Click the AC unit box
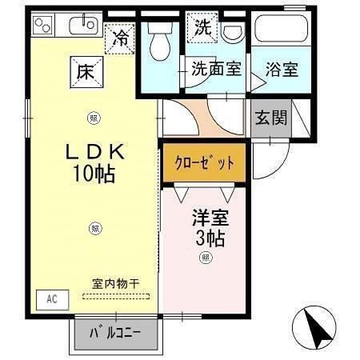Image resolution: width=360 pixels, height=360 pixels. [53, 300]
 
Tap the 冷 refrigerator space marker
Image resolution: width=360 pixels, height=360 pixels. [120, 38]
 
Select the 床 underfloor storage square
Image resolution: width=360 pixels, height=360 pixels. [86, 72]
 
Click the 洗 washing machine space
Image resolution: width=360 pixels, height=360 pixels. [202, 27]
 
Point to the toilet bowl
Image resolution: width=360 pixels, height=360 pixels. [160, 42]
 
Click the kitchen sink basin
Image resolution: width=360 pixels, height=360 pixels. [83, 26]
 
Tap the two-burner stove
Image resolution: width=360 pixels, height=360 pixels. [42, 26]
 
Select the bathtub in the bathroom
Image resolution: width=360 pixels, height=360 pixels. [281, 28]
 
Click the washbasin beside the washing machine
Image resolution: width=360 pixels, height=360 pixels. [234, 32]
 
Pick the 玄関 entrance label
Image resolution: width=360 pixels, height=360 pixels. [271, 118]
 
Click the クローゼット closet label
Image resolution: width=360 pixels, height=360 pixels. [204, 163]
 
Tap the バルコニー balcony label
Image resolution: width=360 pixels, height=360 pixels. [115, 333]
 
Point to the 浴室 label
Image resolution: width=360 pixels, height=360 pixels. [282, 70]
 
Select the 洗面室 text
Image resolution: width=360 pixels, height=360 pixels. [217, 69]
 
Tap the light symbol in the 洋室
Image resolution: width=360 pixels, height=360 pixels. [206, 258]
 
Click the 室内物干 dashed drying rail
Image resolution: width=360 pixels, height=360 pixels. [116, 296]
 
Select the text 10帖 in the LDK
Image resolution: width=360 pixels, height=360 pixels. [94, 174]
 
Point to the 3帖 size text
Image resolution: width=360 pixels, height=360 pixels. [210, 238]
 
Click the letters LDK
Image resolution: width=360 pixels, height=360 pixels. [95, 152]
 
